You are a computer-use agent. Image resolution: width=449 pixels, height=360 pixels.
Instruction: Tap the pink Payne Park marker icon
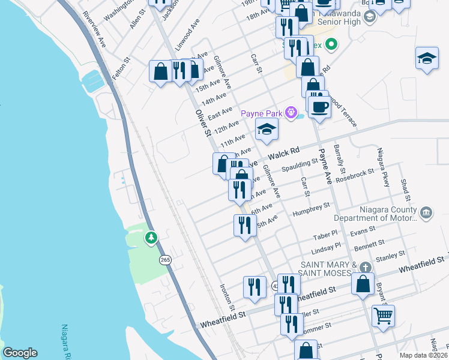coord(292,112)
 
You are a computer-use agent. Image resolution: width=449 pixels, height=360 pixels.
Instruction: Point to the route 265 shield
coord(166,260)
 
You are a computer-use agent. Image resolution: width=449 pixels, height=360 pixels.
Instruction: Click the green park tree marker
coord(151,238)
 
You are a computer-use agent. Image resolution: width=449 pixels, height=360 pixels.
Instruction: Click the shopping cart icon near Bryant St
coord(383,314)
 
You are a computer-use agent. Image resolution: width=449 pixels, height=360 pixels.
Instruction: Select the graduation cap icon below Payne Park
coord(267,129)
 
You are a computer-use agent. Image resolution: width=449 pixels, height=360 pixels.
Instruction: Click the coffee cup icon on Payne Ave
coord(320,107)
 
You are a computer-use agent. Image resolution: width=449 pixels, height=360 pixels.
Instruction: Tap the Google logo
coord(20,353)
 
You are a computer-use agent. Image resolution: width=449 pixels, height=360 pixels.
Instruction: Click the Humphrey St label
coord(311,209)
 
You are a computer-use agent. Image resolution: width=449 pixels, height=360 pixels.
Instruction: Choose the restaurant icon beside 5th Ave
coord(245,226)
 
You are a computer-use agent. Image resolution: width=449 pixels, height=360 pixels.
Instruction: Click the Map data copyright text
coord(423,355)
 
